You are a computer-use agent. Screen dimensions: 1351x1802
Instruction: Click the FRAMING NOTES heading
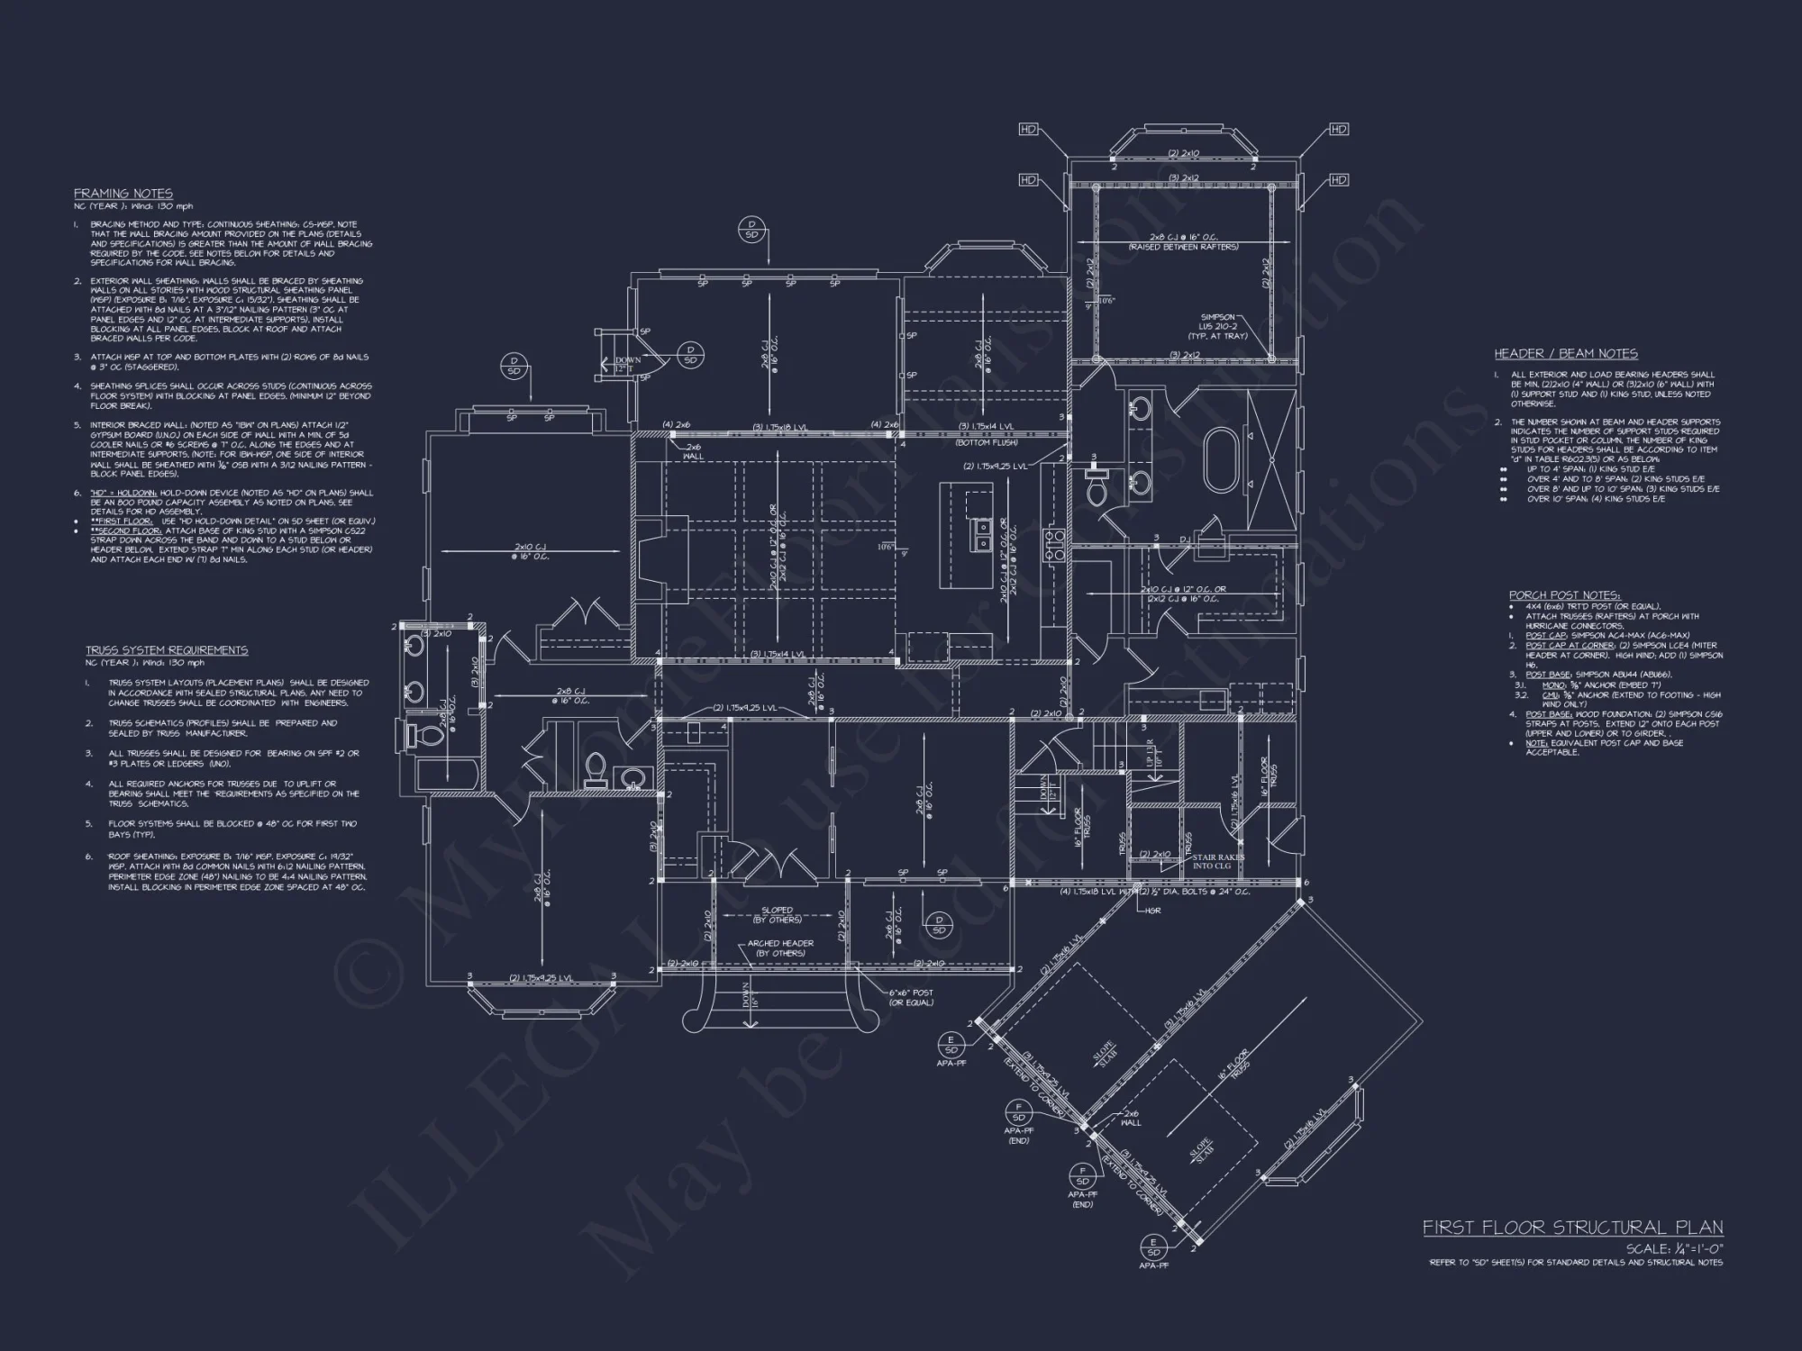(123, 194)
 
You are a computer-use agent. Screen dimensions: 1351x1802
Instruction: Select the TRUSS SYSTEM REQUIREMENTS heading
(167, 650)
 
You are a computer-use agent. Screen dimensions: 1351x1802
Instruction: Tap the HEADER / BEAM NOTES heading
(1566, 354)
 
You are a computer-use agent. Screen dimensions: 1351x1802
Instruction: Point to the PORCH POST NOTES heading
(1564, 595)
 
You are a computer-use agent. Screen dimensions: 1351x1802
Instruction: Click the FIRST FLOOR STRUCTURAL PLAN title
(1572, 1228)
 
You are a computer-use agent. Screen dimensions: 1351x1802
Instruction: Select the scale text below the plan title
(1674, 1249)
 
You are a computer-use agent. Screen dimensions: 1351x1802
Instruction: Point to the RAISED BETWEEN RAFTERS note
(1183, 247)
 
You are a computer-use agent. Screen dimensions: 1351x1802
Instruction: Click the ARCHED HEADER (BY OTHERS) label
(780, 948)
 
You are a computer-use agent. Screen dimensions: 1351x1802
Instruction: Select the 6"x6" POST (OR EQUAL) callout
(911, 997)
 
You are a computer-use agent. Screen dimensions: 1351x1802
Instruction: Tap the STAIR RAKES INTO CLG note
(1216, 862)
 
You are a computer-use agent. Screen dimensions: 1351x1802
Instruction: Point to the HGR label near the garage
(1153, 911)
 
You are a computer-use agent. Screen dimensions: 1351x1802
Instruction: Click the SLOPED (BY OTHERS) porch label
(777, 915)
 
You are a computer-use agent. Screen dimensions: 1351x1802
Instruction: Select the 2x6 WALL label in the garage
(1130, 1118)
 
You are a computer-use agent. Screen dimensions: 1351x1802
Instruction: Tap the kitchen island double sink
(983, 536)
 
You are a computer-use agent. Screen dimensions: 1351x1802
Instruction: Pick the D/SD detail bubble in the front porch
(939, 924)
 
